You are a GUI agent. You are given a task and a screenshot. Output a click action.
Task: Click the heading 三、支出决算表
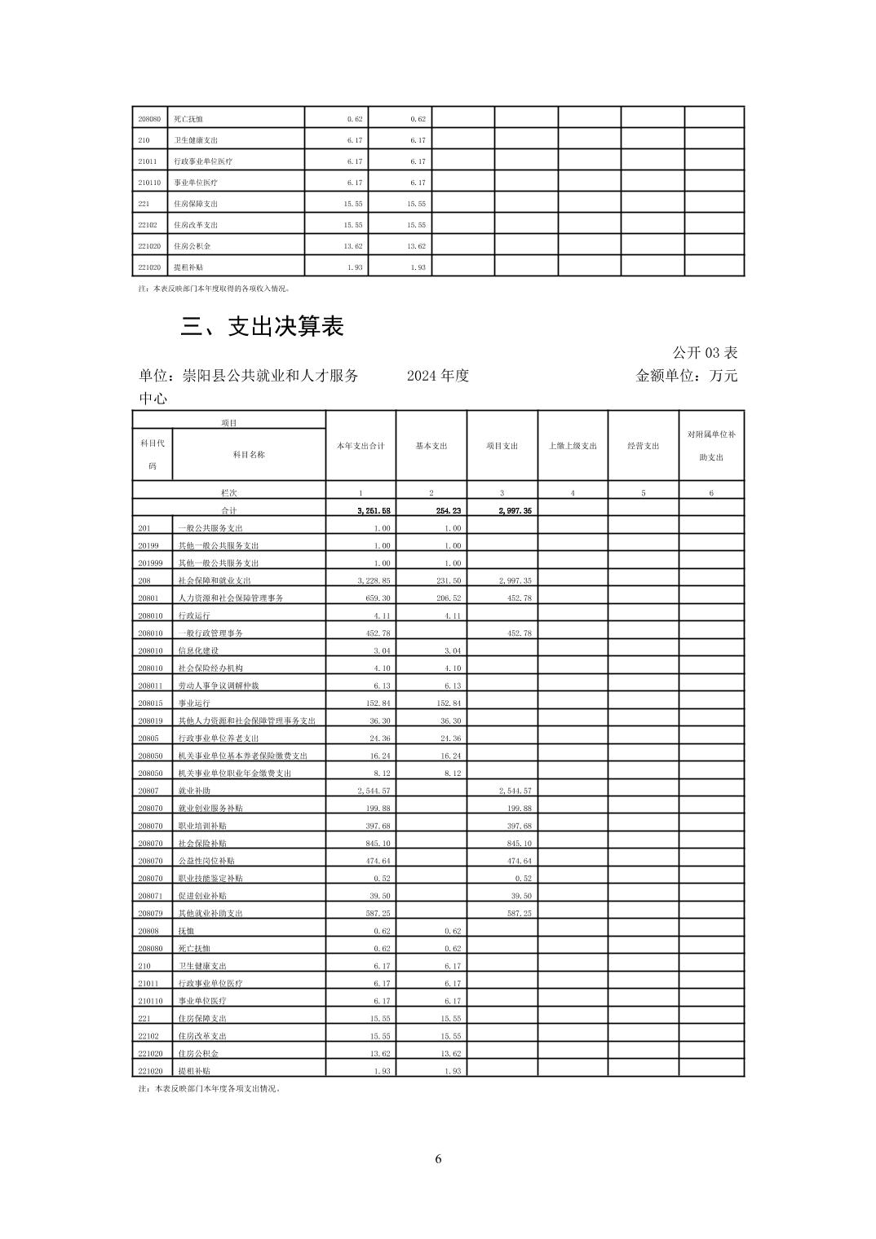point(262,327)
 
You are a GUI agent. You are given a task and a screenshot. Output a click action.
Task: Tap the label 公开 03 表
point(705,353)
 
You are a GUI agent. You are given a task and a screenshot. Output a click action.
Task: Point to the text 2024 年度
point(438,376)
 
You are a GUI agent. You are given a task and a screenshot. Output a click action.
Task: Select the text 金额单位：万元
point(686,376)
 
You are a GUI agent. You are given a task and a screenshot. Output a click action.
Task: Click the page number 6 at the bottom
point(438,1159)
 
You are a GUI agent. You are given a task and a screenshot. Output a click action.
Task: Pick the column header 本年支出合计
point(361,446)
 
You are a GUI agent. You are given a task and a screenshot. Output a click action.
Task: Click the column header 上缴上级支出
point(573,446)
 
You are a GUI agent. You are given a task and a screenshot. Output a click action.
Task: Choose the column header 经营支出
point(643,446)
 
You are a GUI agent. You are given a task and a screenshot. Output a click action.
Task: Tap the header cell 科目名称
point(249,455)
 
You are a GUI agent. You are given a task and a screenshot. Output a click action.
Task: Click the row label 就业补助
point(192,791)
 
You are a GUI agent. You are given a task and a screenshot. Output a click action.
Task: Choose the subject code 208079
point(151,913)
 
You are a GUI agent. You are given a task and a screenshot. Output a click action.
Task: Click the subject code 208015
point(151,703)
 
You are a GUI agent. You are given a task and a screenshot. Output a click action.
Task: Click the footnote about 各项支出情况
point(210,1088)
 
